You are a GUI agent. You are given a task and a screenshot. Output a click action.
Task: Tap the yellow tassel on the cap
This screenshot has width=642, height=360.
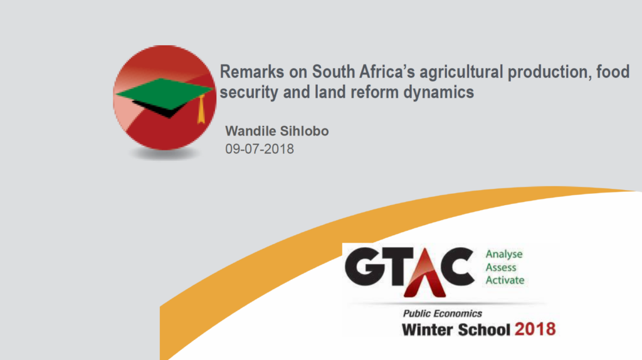click(x=201, y=109)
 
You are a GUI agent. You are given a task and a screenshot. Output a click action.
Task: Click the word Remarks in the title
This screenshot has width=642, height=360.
click(x=252, y=72)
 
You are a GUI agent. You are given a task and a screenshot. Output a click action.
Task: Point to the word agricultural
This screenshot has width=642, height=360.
click(x=461, y=73)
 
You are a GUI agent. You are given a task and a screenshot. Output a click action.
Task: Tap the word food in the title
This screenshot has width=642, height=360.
click(x=613, y=72)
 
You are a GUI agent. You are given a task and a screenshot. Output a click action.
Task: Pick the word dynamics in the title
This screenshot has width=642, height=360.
click(x=438, y=93)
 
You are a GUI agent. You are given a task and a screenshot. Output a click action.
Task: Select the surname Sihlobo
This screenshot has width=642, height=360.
click(x=304, y=131)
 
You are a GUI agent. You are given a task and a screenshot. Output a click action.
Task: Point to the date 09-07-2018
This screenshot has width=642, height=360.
click(x=260, y=149)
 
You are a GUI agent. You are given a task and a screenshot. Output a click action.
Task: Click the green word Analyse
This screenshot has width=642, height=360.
click(x=504, y=255)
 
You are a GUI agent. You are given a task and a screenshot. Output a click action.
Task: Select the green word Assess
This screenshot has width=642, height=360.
click(x=501, y=267)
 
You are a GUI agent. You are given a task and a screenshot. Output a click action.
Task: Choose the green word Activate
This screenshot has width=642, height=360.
click(x=505, y=280)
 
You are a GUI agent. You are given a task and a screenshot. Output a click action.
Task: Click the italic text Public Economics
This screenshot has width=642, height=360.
click(x=443, y=314)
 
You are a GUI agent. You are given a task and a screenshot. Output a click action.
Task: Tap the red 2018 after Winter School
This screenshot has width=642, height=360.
click(x=535, y=329)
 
